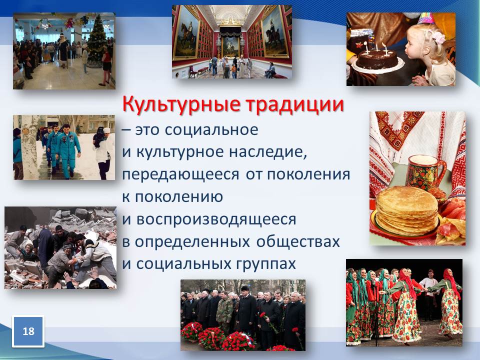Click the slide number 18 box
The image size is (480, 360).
tap(28, 331)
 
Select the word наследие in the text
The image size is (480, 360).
tap(268, 152)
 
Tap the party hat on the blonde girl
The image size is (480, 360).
tap(426, 18)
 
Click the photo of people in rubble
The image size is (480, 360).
tap(60, 247)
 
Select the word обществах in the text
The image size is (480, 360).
tap(298, 242)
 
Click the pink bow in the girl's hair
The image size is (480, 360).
tap(438, 36)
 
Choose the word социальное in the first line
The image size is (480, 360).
tap(211, 130)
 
